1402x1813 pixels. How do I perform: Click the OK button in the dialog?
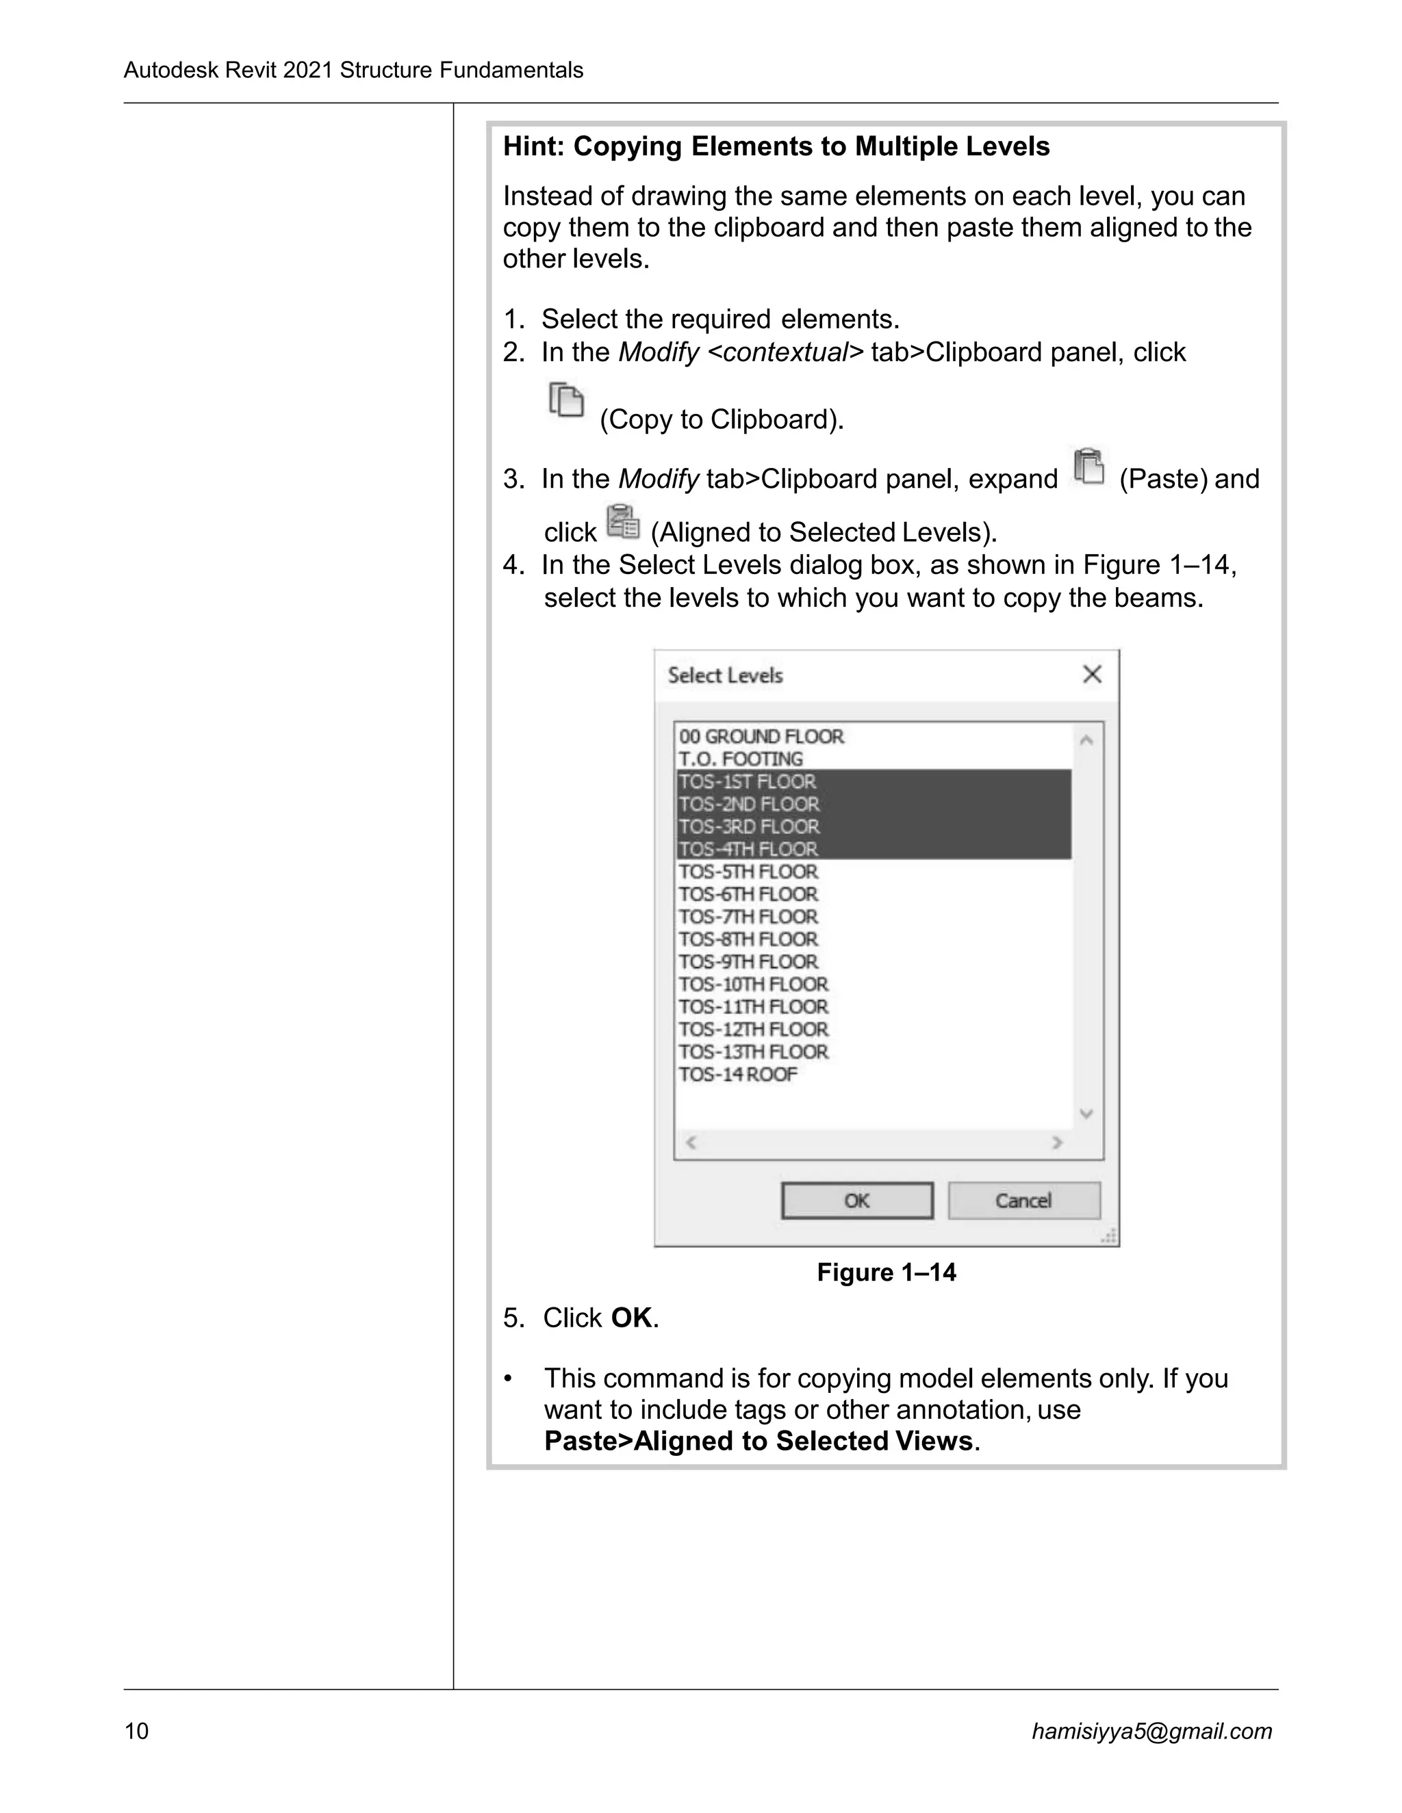click(x=856, y=1201)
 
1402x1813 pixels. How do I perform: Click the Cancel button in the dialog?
click(x=1023, y=1201)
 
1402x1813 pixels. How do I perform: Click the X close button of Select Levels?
click(x=1092, y=674)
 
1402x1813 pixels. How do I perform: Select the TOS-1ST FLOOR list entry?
click(x=748, y=781)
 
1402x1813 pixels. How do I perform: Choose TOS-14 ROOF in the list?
click(x=737, y=1074)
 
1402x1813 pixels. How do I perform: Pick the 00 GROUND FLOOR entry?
click(x=761, y=736)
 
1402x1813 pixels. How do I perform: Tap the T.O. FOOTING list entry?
click(x=741, y=759)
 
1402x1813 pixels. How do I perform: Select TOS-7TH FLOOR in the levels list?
click(x=748, y=917)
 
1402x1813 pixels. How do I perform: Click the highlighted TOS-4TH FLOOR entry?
click(x=748, y=848)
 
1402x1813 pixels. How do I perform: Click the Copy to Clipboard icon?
click(x=566, y=400)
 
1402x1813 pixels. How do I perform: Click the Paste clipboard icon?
click(x=1089, y=466)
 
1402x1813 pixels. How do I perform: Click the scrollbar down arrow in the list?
click(x=1086, y=1113)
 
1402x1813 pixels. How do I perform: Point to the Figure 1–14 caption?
click(x=887, y=1273)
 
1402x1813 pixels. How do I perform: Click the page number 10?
click(x=136, y=1731)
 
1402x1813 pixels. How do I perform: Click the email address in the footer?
click(x=1151, y=1731)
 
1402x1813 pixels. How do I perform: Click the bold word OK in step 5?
click(x=631, y=1318)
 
